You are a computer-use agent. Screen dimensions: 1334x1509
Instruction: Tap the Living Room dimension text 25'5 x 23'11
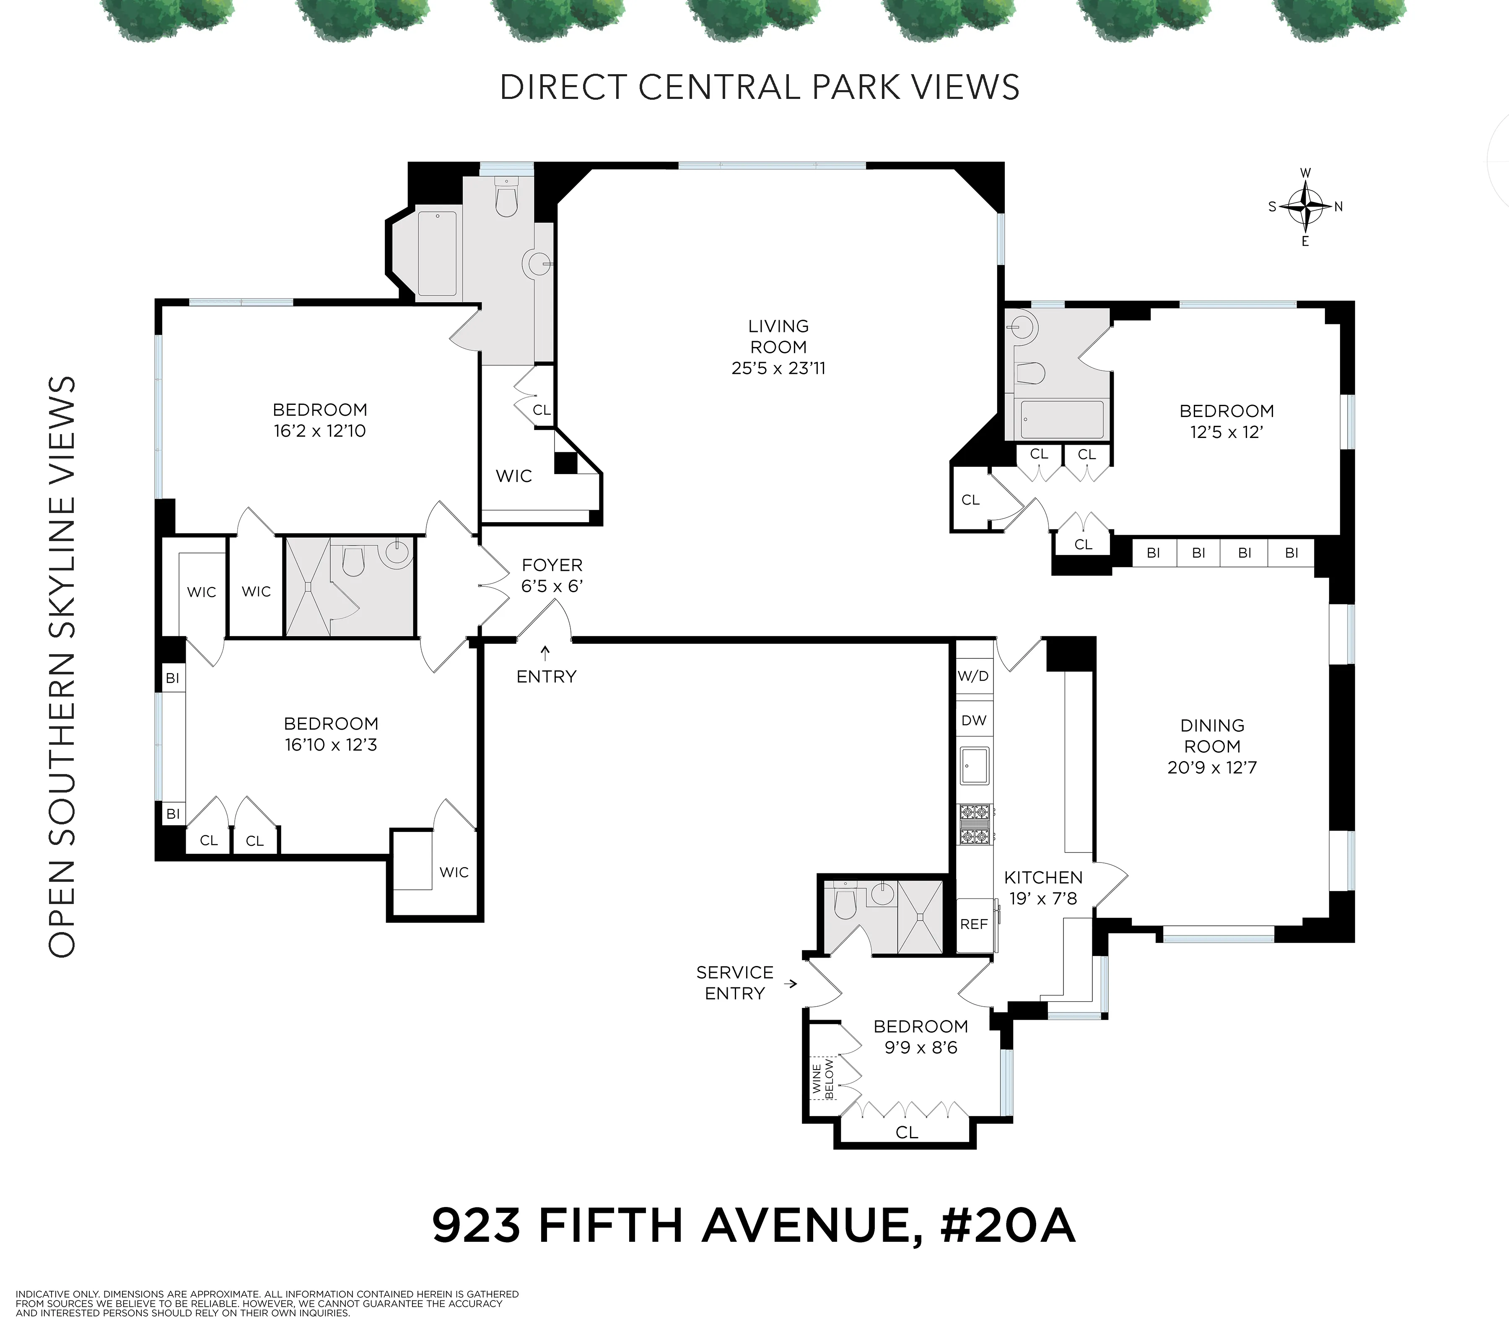pos(778,368)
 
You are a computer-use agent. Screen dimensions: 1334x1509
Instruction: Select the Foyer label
pos(552,565)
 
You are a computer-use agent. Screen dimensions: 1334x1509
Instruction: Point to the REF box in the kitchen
pos(974,924)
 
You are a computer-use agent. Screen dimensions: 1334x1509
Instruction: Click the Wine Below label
pos(823,1079)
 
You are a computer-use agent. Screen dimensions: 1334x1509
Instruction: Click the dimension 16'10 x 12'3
pos(331,745)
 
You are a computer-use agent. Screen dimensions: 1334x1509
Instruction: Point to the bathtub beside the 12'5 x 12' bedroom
pos(1061,420)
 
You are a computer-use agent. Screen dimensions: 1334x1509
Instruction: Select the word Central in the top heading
pos(721,87)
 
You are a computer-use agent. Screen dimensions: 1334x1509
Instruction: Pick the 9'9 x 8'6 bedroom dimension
pos(920,1048)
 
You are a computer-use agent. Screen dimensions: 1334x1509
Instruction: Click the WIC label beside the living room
pos(514,476)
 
